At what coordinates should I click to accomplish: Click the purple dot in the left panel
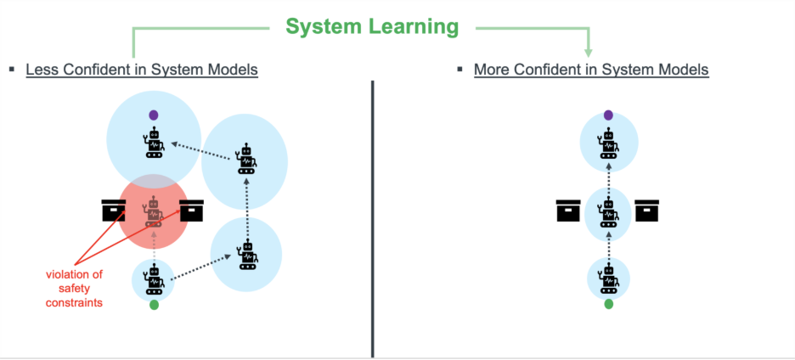click(x=154, y=114)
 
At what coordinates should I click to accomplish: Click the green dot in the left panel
click(x=154, y=304)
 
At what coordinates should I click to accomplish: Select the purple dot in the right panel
click(x=608, y=115)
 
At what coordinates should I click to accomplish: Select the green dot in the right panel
click(x=608, y=303)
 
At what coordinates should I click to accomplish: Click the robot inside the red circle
click(x=154, y=212)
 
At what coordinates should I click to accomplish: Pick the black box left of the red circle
click(x=114, y=210)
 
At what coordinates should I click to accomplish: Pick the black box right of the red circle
click(x=192, y=210)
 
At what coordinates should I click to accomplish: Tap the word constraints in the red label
click(x=75, y=302)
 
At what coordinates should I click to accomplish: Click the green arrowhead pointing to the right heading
click(x=589, y=51)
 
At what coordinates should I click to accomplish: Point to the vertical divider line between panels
click(x=372, y=212)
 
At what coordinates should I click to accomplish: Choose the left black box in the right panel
click(x=568, y=210)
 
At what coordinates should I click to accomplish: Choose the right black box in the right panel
click(x=647, y=210)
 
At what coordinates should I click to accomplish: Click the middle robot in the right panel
click(x=608, y=212)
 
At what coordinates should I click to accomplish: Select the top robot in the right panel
click(x=608, y=143)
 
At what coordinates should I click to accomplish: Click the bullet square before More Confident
click(x=460, y=70)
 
